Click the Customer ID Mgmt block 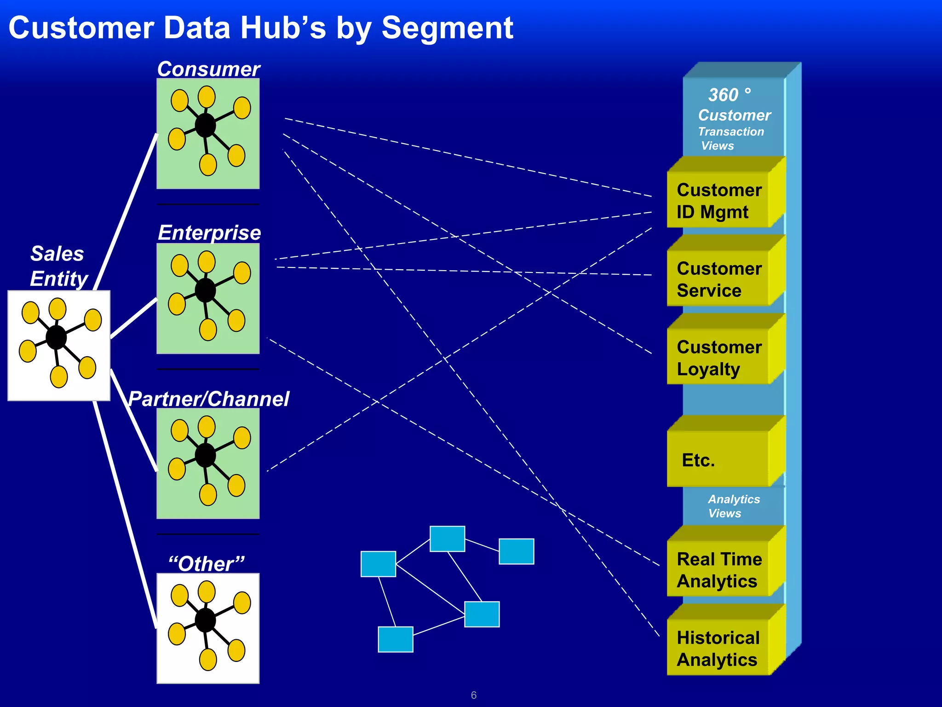[x=718, y=201]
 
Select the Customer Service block [x=718, y=279]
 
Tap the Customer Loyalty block [x=718, y=358]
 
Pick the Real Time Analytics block [x=718, y=570]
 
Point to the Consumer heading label [x=208, y=69]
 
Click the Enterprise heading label [x=209, y=232]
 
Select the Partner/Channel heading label [x=208, y=399]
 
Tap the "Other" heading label [x=207, y=563]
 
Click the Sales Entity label [x=58, y=266]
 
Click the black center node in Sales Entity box [x=57, y=337]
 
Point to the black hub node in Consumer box [x=205, y=125]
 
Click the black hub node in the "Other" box [x=205, y=620]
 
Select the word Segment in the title [x=447, y=29]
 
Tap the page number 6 [x=474, y=695]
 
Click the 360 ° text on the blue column [x=729, y=95]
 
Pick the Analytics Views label [x=733, y=506]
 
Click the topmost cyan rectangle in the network [x=447, y=539]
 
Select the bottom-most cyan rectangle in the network [x=395, y=639]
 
